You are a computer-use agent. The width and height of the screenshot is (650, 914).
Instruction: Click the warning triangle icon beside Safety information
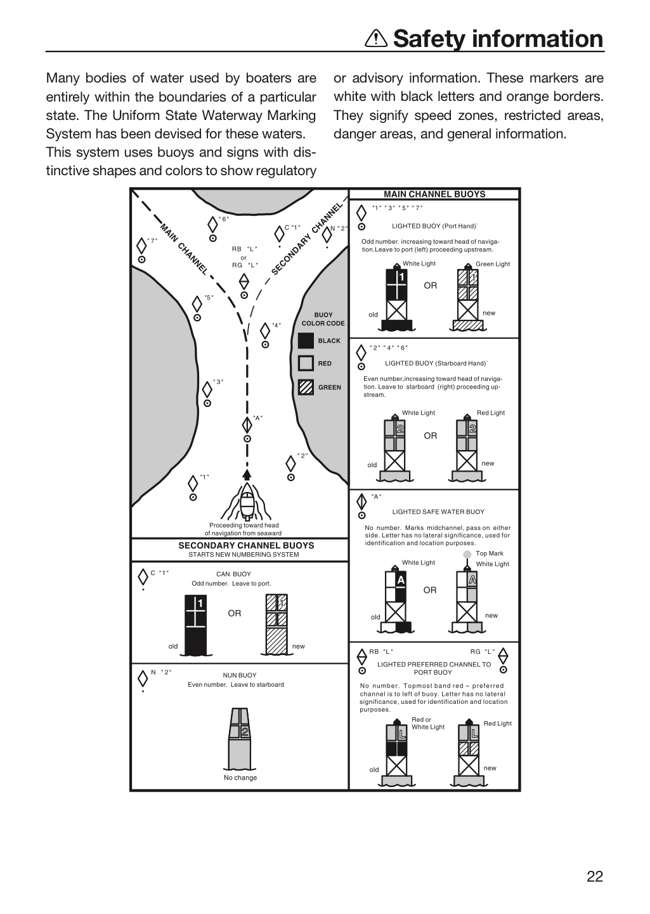376,39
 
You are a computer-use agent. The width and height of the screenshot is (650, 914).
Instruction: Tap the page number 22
595,876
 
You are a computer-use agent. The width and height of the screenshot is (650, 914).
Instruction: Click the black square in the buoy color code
306,341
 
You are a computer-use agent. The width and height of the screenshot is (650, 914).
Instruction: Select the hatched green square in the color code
306,387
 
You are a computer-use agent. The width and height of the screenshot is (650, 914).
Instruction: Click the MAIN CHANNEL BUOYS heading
434,194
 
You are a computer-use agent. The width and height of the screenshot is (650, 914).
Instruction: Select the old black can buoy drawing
196,625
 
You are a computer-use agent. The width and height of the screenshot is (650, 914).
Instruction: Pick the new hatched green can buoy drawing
276,625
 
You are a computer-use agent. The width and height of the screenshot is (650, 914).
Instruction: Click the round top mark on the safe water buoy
468,554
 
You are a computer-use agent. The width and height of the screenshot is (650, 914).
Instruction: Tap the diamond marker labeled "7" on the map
141,246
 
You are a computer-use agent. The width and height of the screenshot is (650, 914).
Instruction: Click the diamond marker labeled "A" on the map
247,425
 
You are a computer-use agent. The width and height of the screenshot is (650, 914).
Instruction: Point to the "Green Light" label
493,264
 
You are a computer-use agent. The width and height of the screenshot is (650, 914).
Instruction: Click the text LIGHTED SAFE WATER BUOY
438,512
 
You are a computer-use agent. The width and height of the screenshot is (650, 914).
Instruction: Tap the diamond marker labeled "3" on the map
207,390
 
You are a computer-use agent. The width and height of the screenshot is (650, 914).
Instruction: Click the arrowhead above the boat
247,474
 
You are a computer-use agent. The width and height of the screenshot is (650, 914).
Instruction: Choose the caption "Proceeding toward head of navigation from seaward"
244,529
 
